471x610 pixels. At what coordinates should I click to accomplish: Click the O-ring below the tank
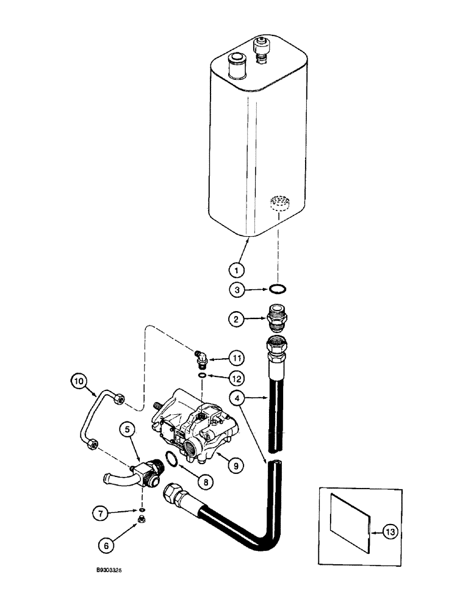(278, 290)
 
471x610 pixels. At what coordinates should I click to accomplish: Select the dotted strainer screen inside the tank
(278, 203)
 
